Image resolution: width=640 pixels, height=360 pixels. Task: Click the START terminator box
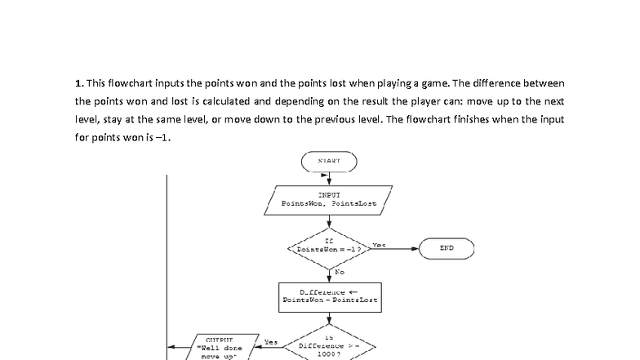point(329,161)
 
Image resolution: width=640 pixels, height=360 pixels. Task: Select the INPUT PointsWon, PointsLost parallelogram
point(328,199)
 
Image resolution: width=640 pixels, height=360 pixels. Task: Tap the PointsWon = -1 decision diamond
point(328,246)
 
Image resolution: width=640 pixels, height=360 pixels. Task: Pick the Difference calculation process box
point(328,296)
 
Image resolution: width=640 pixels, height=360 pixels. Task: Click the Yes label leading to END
point(378,244)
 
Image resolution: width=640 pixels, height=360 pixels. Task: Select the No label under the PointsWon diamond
point(339,271)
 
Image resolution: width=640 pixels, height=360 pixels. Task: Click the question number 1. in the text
point(79,83)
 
